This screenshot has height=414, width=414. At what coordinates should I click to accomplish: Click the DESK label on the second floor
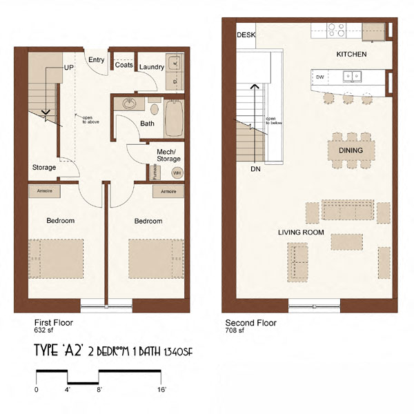pos(245,34)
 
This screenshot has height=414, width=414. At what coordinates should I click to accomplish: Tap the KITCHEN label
pos(351,54)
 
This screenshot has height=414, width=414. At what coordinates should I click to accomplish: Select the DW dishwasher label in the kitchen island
pos(319,77)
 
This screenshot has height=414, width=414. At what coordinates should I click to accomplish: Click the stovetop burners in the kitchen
pos(336,30)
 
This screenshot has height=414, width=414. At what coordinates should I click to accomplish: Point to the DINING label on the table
pos(351,150)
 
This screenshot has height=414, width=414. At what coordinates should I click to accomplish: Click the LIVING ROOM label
pos(301,233)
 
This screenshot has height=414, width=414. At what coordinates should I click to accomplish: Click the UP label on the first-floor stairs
pos(69,68)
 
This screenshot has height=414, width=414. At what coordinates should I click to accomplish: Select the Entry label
pos(97,61)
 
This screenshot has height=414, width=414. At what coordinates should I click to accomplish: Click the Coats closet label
pos(124,66)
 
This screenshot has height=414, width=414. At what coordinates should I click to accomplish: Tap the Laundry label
pos(150,67)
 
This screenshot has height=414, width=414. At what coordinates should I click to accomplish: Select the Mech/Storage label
pos(168,155)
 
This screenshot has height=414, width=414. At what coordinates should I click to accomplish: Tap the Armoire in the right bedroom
pos(168,191)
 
